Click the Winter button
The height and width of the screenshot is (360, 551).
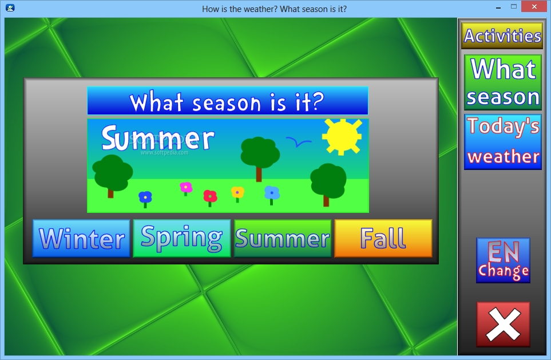(81, 238)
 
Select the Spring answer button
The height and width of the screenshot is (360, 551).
(182, 238)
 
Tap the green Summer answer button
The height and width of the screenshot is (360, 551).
(283, 238)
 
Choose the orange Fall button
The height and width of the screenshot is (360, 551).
(383, 238)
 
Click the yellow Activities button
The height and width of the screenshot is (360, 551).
(502, 35)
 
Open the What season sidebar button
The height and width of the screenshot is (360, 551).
(503, 82)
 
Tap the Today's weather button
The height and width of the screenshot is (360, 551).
(503, 142)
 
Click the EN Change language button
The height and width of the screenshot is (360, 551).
(503, 260)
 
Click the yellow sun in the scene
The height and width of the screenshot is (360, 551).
(342, 137)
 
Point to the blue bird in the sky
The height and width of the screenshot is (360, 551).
(298, 142)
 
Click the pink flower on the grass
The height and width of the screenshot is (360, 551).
(186, 188)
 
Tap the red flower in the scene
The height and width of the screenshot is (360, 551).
(210, 198)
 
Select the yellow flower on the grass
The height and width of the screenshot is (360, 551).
(237, 194)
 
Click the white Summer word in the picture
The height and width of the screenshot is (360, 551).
(158, 138)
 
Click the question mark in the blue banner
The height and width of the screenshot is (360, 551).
(318, 101)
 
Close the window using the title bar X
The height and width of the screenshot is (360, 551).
(534, 7)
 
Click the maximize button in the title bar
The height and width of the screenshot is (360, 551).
(514, 6)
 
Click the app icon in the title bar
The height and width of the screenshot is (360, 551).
(10, 8)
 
